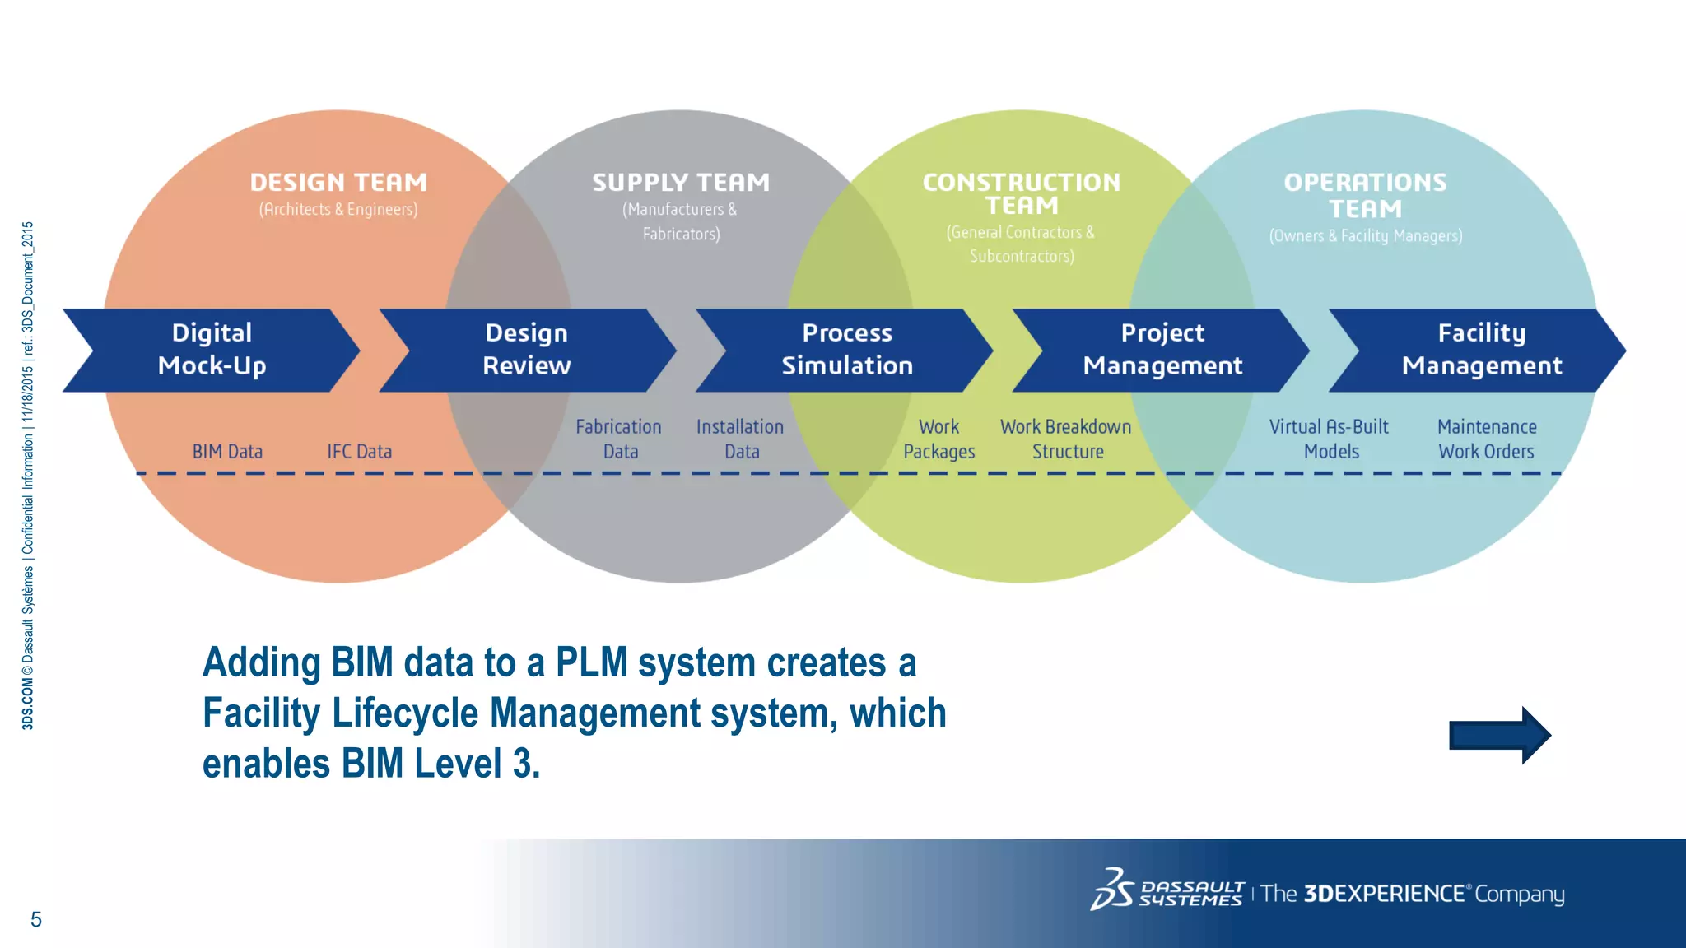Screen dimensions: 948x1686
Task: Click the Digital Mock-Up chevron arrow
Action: (212, 350)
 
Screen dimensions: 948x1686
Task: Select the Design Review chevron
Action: (527, 350)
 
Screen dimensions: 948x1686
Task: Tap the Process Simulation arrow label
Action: (847, 350)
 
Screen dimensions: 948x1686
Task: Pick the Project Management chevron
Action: (1162, 350)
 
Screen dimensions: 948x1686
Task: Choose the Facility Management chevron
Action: (1481, 350)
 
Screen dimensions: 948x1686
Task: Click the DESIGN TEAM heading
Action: (338, 183)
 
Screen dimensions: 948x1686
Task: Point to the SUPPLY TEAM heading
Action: (681, 183)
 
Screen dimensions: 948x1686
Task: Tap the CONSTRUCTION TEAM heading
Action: (1022, 193)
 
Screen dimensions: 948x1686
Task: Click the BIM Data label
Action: (227, 452)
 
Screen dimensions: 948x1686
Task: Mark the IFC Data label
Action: (359, 452)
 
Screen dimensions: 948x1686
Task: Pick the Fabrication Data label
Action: (619, 439)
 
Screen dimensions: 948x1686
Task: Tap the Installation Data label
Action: (740, 439)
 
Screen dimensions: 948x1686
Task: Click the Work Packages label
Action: (939, 439)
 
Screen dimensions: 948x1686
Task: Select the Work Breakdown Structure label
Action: (1066, 439)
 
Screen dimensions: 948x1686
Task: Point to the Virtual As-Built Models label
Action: (1330, 439)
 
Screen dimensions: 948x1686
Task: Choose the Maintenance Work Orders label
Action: (1487, 439)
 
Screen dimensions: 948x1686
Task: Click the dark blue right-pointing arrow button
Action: (1499, 735)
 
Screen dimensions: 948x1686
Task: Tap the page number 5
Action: (36, 919)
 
